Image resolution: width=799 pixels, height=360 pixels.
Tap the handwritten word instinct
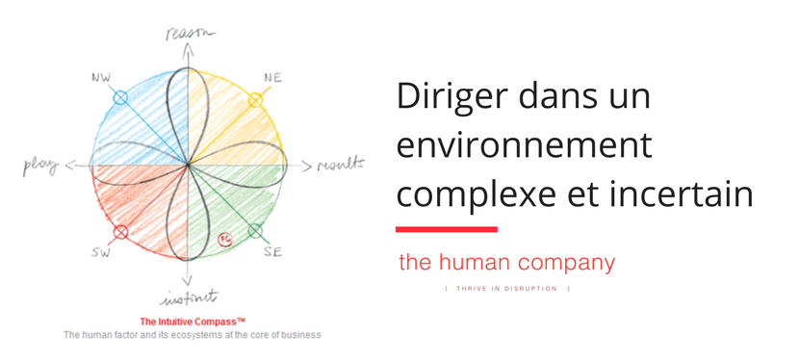(x=189, y=298)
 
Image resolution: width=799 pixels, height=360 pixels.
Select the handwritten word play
(x=40, y=166)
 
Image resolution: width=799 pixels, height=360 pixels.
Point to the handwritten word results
(x=341, y=164)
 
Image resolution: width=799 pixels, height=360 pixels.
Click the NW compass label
(x=101, y=78)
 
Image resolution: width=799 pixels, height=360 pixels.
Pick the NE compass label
(x=273, y=78)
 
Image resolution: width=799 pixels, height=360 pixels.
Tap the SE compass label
(x=273, y=251)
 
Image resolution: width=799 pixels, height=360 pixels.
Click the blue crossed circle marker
(x=119, y=97)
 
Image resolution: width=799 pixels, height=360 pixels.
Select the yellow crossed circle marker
(x=255, y=100)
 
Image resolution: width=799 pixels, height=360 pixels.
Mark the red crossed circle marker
(x=120, y=233)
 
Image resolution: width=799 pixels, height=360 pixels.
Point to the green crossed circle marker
(x=255, y=232)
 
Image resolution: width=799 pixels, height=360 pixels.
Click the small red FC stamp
(x=224, y=240)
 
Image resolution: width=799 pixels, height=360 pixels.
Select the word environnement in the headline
(x=525, y=145)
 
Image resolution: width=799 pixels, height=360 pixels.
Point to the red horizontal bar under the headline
(x=447, y=229)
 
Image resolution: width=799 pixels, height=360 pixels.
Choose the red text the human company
(x=507, y=263)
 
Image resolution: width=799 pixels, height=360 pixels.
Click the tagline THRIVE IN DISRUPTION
(x=507, y=289)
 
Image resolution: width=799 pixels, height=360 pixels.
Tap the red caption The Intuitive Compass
(x=193, y=321)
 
